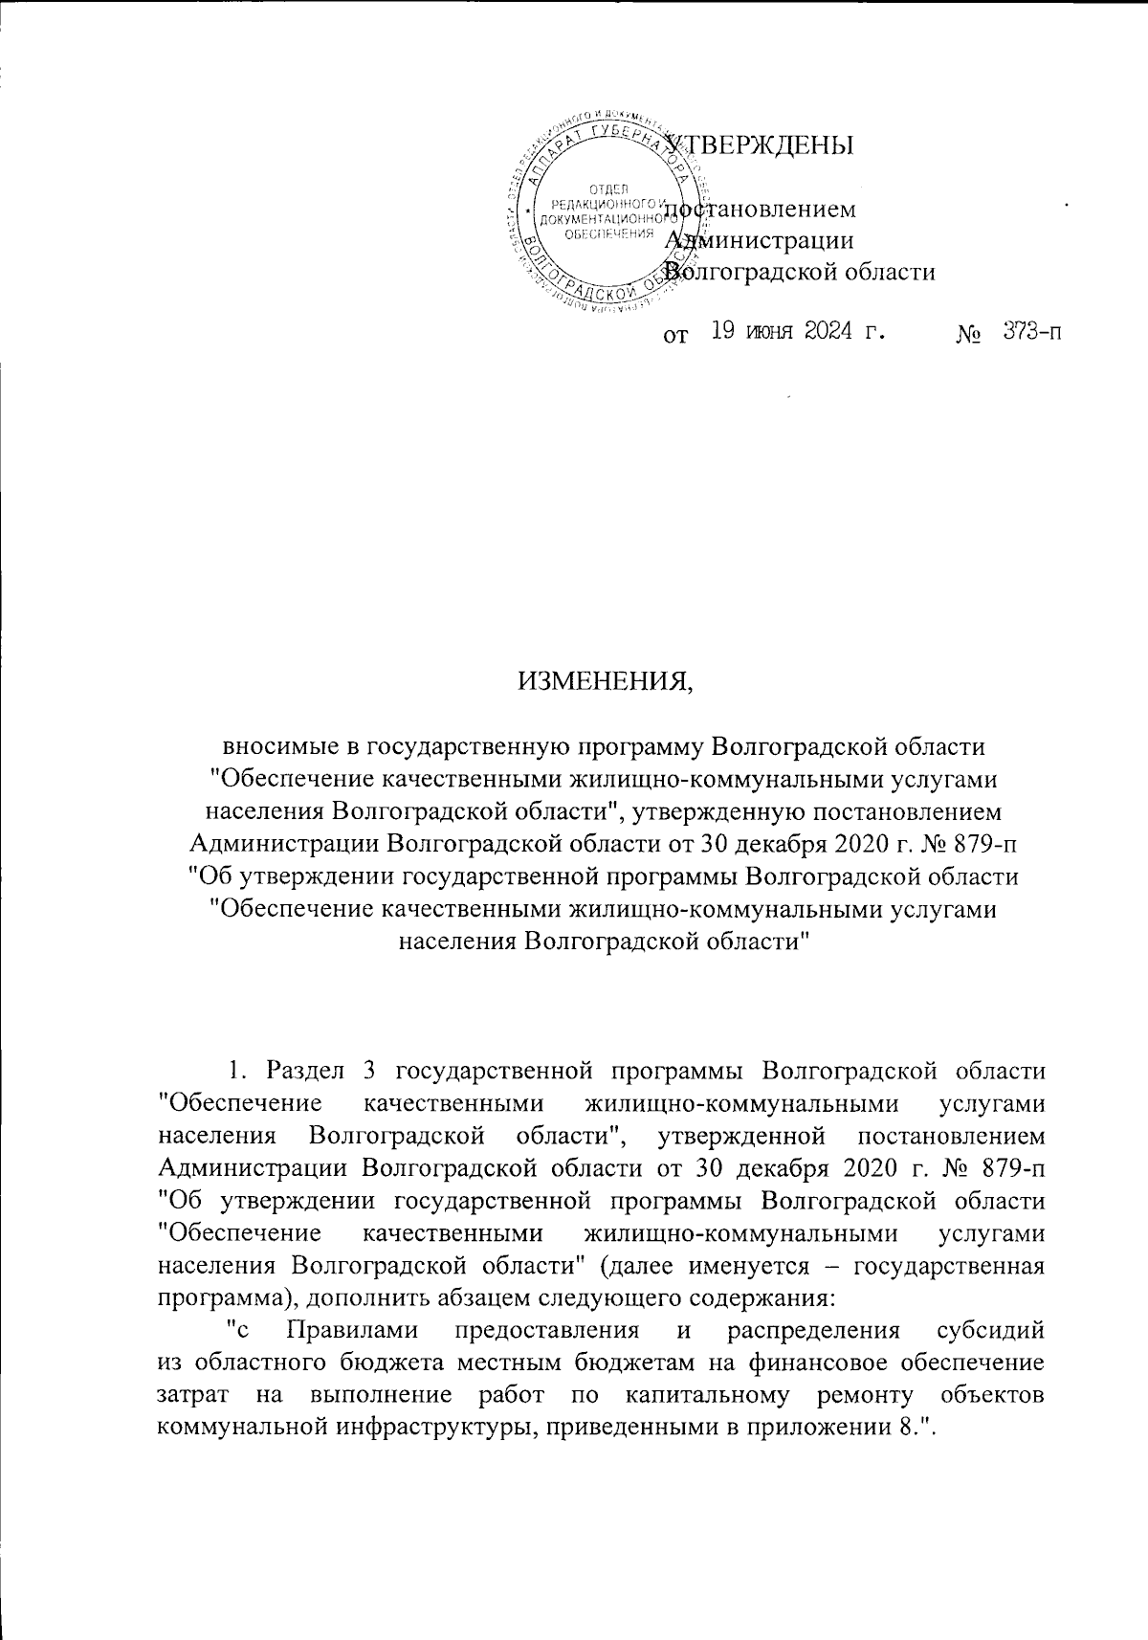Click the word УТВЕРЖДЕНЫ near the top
[x=761, y=144]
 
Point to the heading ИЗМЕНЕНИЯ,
[x=604, y=681]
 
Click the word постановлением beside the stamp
[x=761, y=210]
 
